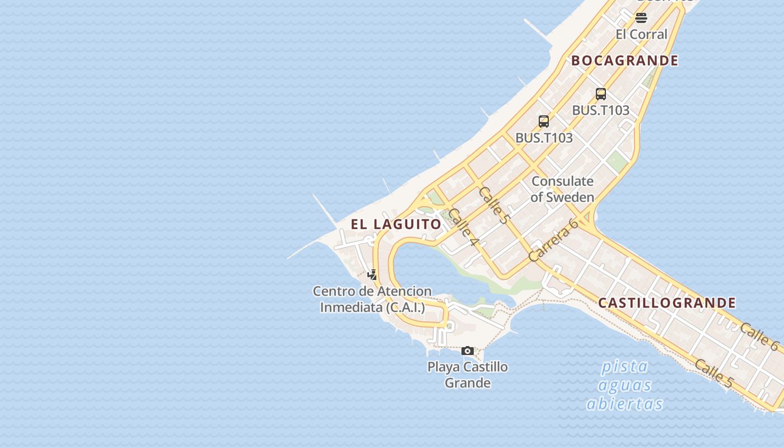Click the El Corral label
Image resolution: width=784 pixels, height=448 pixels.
pyautogui.click(x=641, y=34)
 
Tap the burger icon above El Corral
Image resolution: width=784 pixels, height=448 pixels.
pyautogui.click(x=641, y=18)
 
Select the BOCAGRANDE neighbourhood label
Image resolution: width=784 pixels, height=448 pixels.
pyautogui.click(x=625, y=60)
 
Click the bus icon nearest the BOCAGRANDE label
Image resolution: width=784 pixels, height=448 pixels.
pyautogui.click(x=601, y=94)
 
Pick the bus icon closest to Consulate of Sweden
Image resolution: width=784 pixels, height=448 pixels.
pyautogui.click(x=544, y=121)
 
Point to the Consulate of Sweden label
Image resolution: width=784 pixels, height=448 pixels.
pyautogui.click(x=562, y=189)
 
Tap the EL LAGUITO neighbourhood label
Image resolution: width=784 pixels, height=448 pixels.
pyautogui.click(x=396, y=224)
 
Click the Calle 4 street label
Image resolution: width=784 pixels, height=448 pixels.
pyautogui.click(x=464, y=227)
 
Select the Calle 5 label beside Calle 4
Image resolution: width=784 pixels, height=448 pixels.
pyautogui.click(x=493, y=205)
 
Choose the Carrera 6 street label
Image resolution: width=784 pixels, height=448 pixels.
pyautogui.click(x=553, y=240)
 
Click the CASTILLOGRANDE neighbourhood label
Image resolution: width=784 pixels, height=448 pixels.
pyautogui.click(x=667, y=303)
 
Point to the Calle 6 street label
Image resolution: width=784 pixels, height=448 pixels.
pyautogui.click(x=758, y=336)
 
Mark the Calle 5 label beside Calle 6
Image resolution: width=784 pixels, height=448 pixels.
pyautogui.click(x=713, y=373)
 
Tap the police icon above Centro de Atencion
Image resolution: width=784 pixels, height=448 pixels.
pyautogui.click(x=372, y=274)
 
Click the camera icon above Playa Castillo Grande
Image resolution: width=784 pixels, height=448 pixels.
pyautogui.click(x=468, y=351)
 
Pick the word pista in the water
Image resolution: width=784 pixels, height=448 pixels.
pyautogui.click(x=624, y=367)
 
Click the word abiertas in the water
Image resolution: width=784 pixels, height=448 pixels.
pyautogui.click(x=624, y=404)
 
